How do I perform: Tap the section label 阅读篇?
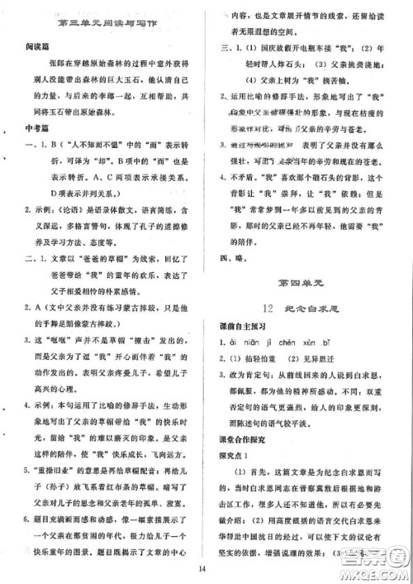(34, 48)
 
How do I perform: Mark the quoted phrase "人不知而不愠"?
(89, 142)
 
